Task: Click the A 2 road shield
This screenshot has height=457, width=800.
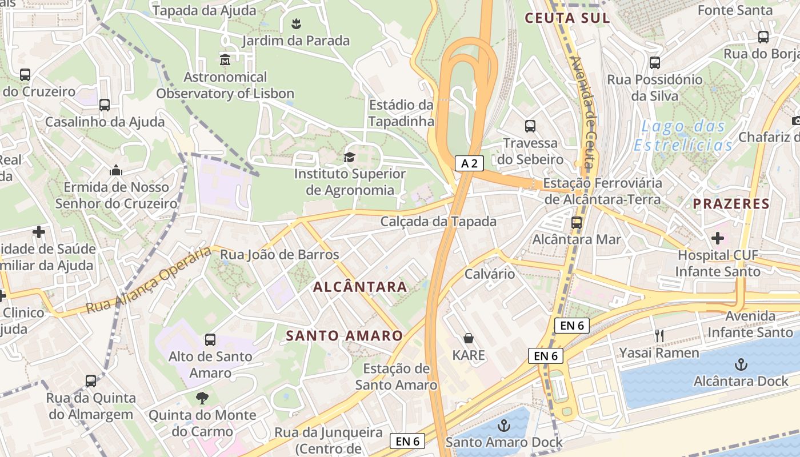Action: click(x=469, y=163)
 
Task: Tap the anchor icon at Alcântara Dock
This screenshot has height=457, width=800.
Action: click(x=741, y=364)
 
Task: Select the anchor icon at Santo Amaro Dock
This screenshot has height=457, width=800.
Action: click(x=503, y=426)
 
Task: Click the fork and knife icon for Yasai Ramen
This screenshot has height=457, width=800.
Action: click(x=659, y=336)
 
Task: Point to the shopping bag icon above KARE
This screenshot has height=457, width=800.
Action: click(x=469, y=338)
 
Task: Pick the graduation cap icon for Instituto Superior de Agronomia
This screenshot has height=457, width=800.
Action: click(x=349, y=157)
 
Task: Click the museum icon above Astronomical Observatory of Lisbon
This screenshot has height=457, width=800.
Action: click(x=225, y=59)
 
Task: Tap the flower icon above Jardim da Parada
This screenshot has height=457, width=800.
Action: click(x=296, y=24)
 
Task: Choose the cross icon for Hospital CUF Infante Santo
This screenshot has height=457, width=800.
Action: click(x=718, y=238)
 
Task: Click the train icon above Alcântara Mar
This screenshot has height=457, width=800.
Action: click(x=577, y=223)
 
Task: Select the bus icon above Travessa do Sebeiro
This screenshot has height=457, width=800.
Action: click(x=530, y=126)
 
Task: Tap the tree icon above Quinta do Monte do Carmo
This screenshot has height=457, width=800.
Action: click(x=202, y=398)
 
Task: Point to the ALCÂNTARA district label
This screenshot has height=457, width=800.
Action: click(x=361, y=287)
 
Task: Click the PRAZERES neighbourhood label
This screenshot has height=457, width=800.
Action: click(x=731, y=204)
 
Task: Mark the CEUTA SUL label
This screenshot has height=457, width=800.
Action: click(x=567, y=18)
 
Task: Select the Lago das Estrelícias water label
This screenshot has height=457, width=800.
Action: click(x=683, y=136)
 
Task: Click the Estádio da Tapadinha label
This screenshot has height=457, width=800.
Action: click(x=401, y=113)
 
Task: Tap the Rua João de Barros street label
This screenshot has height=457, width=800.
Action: click(x=279, y=255)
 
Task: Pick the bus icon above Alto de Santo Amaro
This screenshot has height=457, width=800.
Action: click(x=210, y=340)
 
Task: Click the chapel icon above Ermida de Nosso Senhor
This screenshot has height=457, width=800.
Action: click(x=116, y=170)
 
